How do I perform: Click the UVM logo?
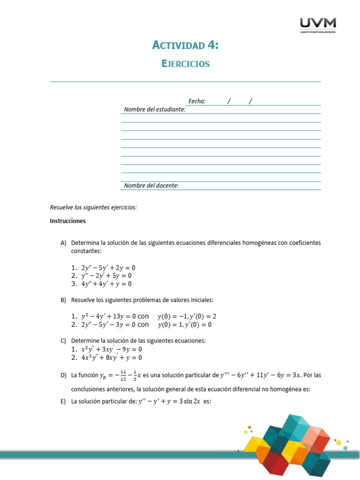317,25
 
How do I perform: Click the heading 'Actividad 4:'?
186,45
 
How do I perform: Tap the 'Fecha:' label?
197,101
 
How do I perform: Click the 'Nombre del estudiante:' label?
155,110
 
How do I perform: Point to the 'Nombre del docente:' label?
151,186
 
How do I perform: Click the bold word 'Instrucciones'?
68,220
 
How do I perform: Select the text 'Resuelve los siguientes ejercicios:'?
93,207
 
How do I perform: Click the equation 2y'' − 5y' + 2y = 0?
108,268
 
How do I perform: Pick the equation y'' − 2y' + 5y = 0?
106,276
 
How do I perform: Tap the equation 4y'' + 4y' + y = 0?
106,284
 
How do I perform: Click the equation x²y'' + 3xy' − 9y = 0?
112,349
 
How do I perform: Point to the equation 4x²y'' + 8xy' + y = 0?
112,357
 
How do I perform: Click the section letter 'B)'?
64,300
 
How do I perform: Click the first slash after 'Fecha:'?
229,101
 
